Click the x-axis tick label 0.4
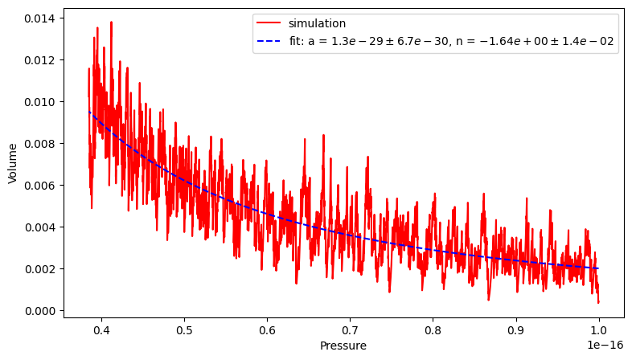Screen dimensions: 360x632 (101, 329)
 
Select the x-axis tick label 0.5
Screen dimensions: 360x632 (184, 329)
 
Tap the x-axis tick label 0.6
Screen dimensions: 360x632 (267, 329)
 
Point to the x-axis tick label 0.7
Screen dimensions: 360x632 (350, 329)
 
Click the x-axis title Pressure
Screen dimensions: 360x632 (343, 346)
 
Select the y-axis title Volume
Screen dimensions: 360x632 (13, 164)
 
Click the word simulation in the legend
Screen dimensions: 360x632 (317, 24)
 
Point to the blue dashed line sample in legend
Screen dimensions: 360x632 (270, 42)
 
